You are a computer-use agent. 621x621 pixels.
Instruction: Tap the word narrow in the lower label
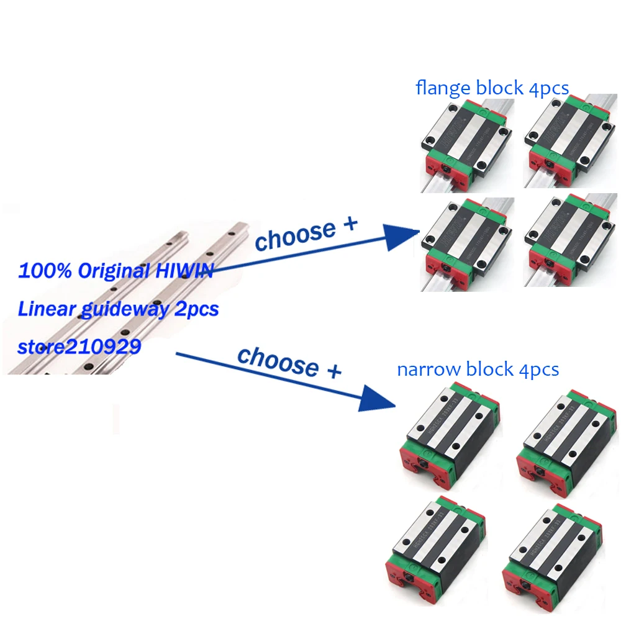[425, 370]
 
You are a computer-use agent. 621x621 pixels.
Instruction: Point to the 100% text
[39, 271]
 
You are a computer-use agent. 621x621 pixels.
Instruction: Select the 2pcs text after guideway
[197, 309]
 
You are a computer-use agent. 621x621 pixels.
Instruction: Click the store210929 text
[79, 346]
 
